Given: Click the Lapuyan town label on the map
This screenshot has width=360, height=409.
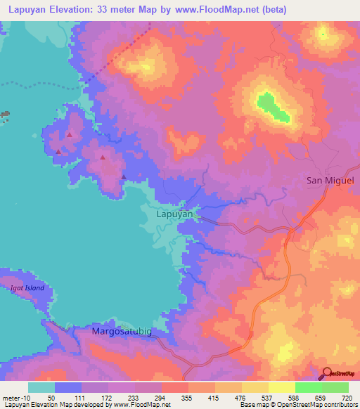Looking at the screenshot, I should pos(176,214).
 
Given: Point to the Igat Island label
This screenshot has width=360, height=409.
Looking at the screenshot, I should pos(27,288).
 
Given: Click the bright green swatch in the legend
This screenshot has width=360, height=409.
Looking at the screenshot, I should pos(308,387).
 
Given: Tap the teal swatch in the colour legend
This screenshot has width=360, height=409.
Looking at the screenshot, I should pos(41,387).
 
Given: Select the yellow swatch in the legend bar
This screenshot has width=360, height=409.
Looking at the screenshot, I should pos(281,387).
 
